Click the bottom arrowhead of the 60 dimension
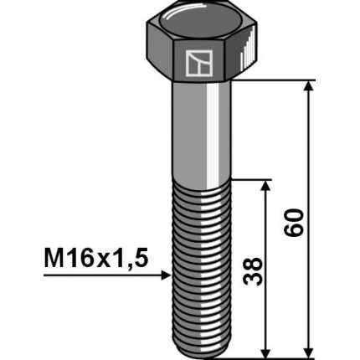tap(311, 349)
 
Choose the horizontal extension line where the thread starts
tap(251, 178)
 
